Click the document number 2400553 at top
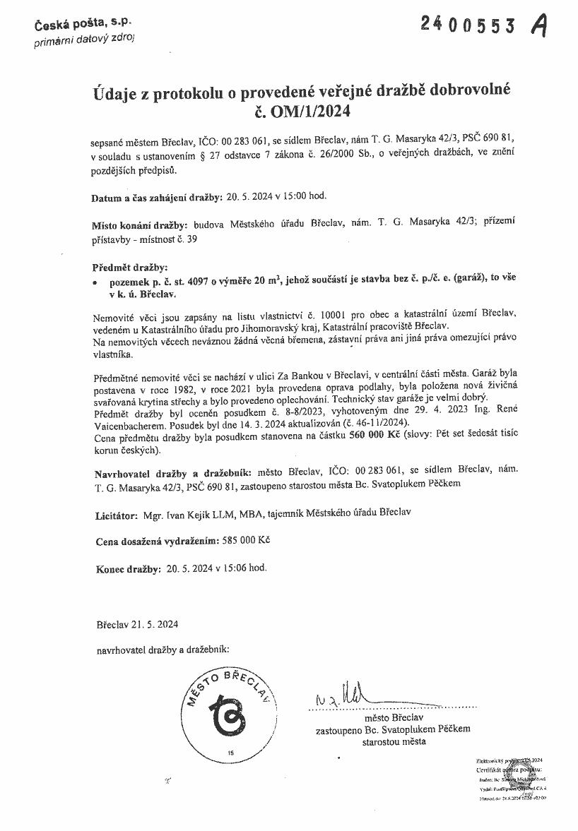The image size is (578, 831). click(476, 25)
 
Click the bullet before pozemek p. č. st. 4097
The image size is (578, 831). click(95, 280)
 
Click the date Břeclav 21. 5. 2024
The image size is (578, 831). click(137, 624)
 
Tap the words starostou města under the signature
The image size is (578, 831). click(394, 742)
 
